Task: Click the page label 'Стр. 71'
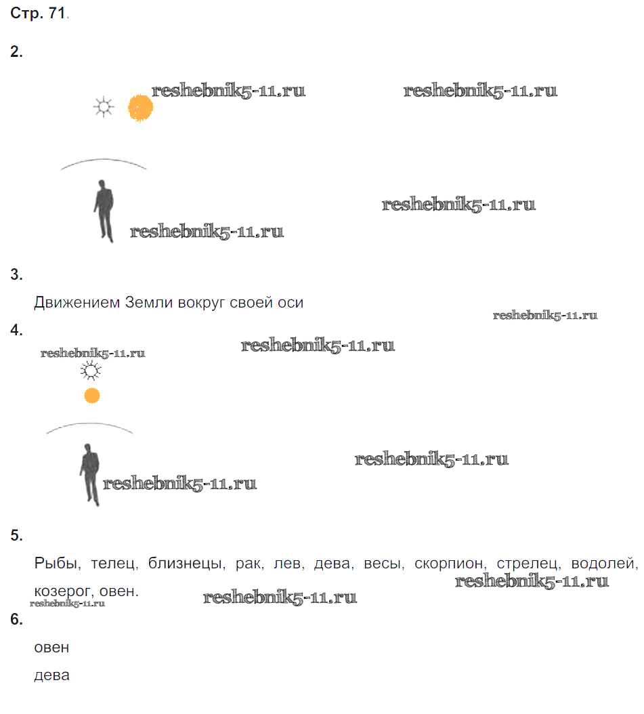coord(38,13)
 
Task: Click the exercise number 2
coord(16,52)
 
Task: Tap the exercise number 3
coord(16,274)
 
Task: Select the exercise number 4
coord(16,330)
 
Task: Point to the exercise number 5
coord(16,535)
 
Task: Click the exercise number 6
coord(16,619)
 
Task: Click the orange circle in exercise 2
coord(140,108)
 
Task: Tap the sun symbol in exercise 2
coord(104,108)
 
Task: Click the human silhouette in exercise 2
coord(104,211)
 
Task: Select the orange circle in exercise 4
coord(92,396)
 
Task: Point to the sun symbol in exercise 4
coord(91,371)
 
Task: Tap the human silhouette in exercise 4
coord(89,475)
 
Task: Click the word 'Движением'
coord(77,303)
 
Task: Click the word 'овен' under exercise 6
coord(51,648)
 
